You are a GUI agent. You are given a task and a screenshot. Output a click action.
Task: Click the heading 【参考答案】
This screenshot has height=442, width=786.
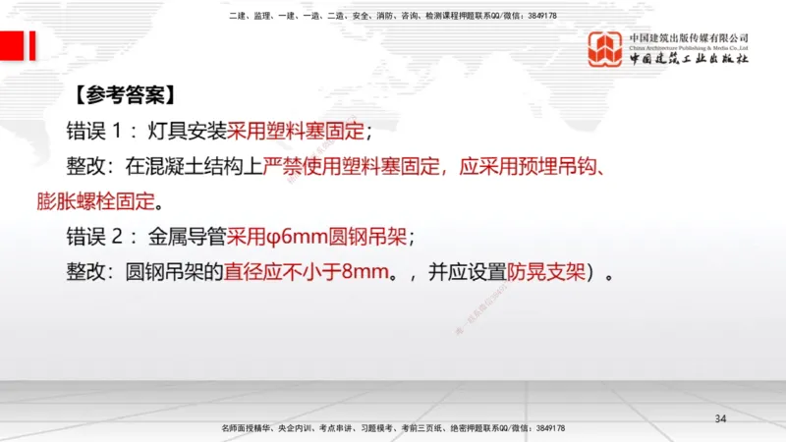(x=125, y=96)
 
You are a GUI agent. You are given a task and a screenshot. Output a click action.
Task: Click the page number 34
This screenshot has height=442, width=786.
(x=720, y=419)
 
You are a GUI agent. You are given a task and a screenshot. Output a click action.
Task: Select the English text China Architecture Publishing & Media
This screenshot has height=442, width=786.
(x=689, y=46)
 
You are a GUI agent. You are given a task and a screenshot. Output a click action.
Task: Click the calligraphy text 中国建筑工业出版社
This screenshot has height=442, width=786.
(x=689, y=59)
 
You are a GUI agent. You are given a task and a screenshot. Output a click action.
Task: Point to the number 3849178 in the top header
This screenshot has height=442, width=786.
(x=537, y=17)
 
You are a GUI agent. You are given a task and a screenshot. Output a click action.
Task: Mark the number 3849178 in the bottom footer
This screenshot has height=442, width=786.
(x=543, y=429)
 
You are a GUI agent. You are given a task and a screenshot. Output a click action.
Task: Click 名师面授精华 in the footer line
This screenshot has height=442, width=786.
(x=247, y=429)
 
